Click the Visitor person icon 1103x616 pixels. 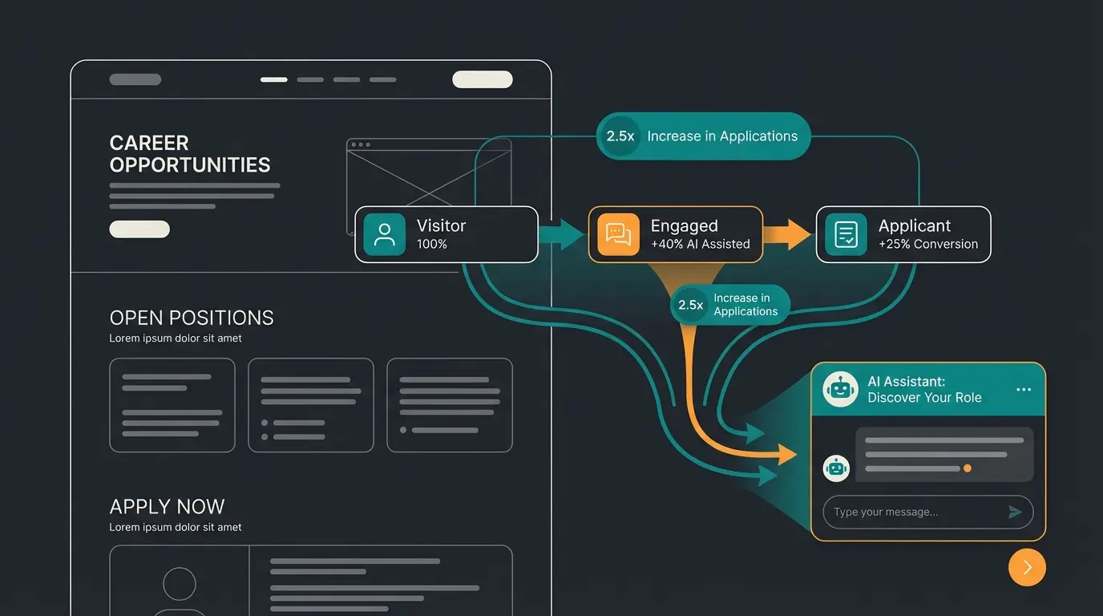384,234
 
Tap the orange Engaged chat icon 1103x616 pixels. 618,234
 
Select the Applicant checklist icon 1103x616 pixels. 846,234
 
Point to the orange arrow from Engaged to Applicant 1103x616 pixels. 788,234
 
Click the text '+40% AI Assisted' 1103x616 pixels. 700,244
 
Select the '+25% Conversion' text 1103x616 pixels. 927,244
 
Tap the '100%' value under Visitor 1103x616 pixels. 431,244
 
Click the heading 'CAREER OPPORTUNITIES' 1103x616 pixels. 189,154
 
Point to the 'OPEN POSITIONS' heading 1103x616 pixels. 192,318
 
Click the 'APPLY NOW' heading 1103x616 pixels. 167,507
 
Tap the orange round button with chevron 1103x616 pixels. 1027,567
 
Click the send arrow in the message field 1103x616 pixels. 1015,512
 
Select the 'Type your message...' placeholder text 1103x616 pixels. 885,512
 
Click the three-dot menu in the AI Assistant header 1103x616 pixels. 1023,390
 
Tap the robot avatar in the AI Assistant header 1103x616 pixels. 840,389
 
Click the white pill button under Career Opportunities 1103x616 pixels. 139,229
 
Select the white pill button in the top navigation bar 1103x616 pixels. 482,79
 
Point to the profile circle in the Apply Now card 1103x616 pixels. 180,584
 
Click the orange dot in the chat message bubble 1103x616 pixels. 968,468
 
